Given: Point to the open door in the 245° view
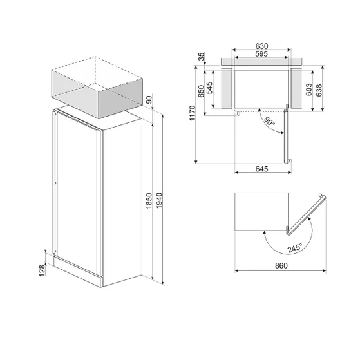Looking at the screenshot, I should coord(305,212).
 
